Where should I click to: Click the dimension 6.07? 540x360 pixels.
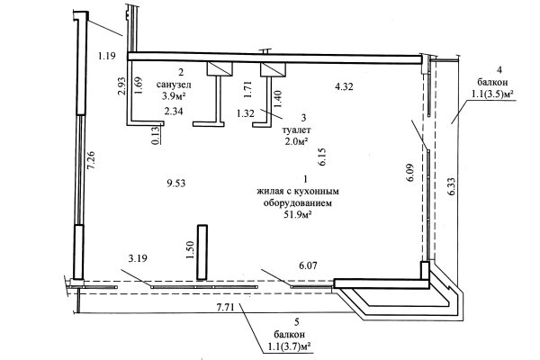tap(310, 265)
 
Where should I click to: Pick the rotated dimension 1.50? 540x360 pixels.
tap(190, 249)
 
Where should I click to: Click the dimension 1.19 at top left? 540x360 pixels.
tap(106, 57)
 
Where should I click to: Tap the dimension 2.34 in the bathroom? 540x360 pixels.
tap(174, 112)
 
